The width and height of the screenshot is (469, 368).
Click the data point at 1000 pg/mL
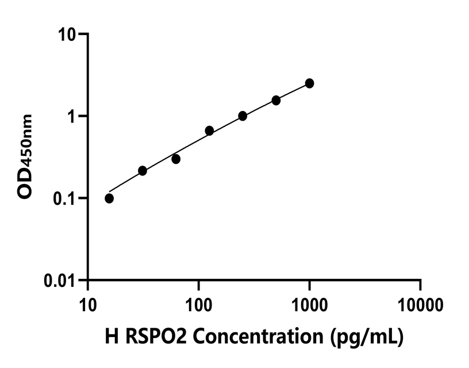[310, 83]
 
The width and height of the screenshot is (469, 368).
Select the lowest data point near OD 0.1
[109, 198]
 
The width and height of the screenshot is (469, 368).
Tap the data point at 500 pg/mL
[276, 100]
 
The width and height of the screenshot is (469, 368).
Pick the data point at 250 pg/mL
[243, 116]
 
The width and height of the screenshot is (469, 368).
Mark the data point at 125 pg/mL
[209, 131]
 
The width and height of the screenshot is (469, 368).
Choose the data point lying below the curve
[176, 159]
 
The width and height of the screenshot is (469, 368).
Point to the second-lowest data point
[143, 171]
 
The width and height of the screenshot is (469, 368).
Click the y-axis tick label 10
[67, 34]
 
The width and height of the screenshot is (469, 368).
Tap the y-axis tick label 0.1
[64, 198]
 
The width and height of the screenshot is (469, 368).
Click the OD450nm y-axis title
[26, 156]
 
